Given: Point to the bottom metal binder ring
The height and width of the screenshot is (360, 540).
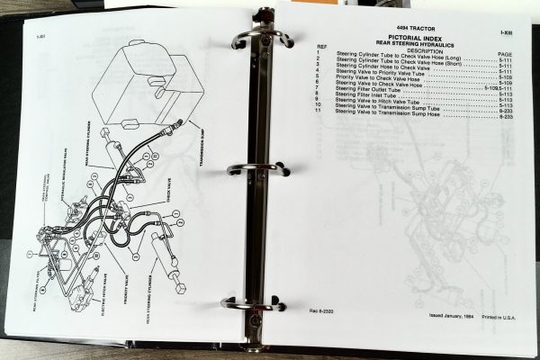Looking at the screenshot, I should point(252,304).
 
